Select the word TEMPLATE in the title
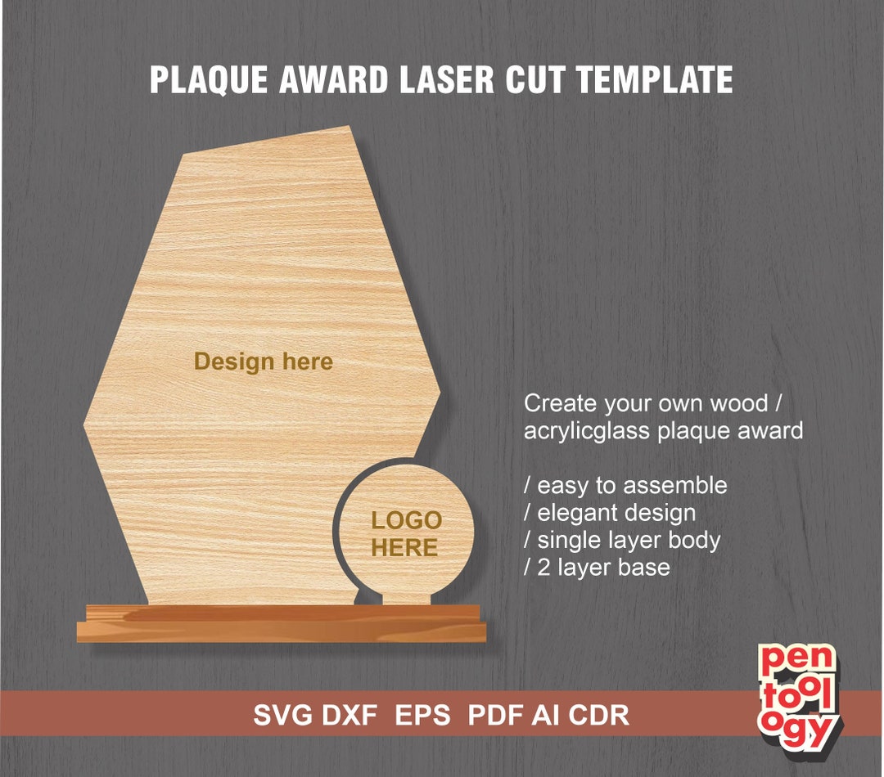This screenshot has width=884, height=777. pos(654,81)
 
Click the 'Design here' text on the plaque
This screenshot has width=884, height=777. pos(264,362)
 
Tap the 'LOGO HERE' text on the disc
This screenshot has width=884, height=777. pos(406,534)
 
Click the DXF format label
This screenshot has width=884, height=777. pos(350,716)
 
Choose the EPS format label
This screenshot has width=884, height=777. pos(422,716)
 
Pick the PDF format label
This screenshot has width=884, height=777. pos(496,716)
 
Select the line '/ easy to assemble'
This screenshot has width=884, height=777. pos(625,485)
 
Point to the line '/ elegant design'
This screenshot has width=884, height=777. pos(610,513)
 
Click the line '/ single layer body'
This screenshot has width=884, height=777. pos(622,540)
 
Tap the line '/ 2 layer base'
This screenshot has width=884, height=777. pos(597,567)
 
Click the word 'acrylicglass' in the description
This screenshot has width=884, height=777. pos(587,430)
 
